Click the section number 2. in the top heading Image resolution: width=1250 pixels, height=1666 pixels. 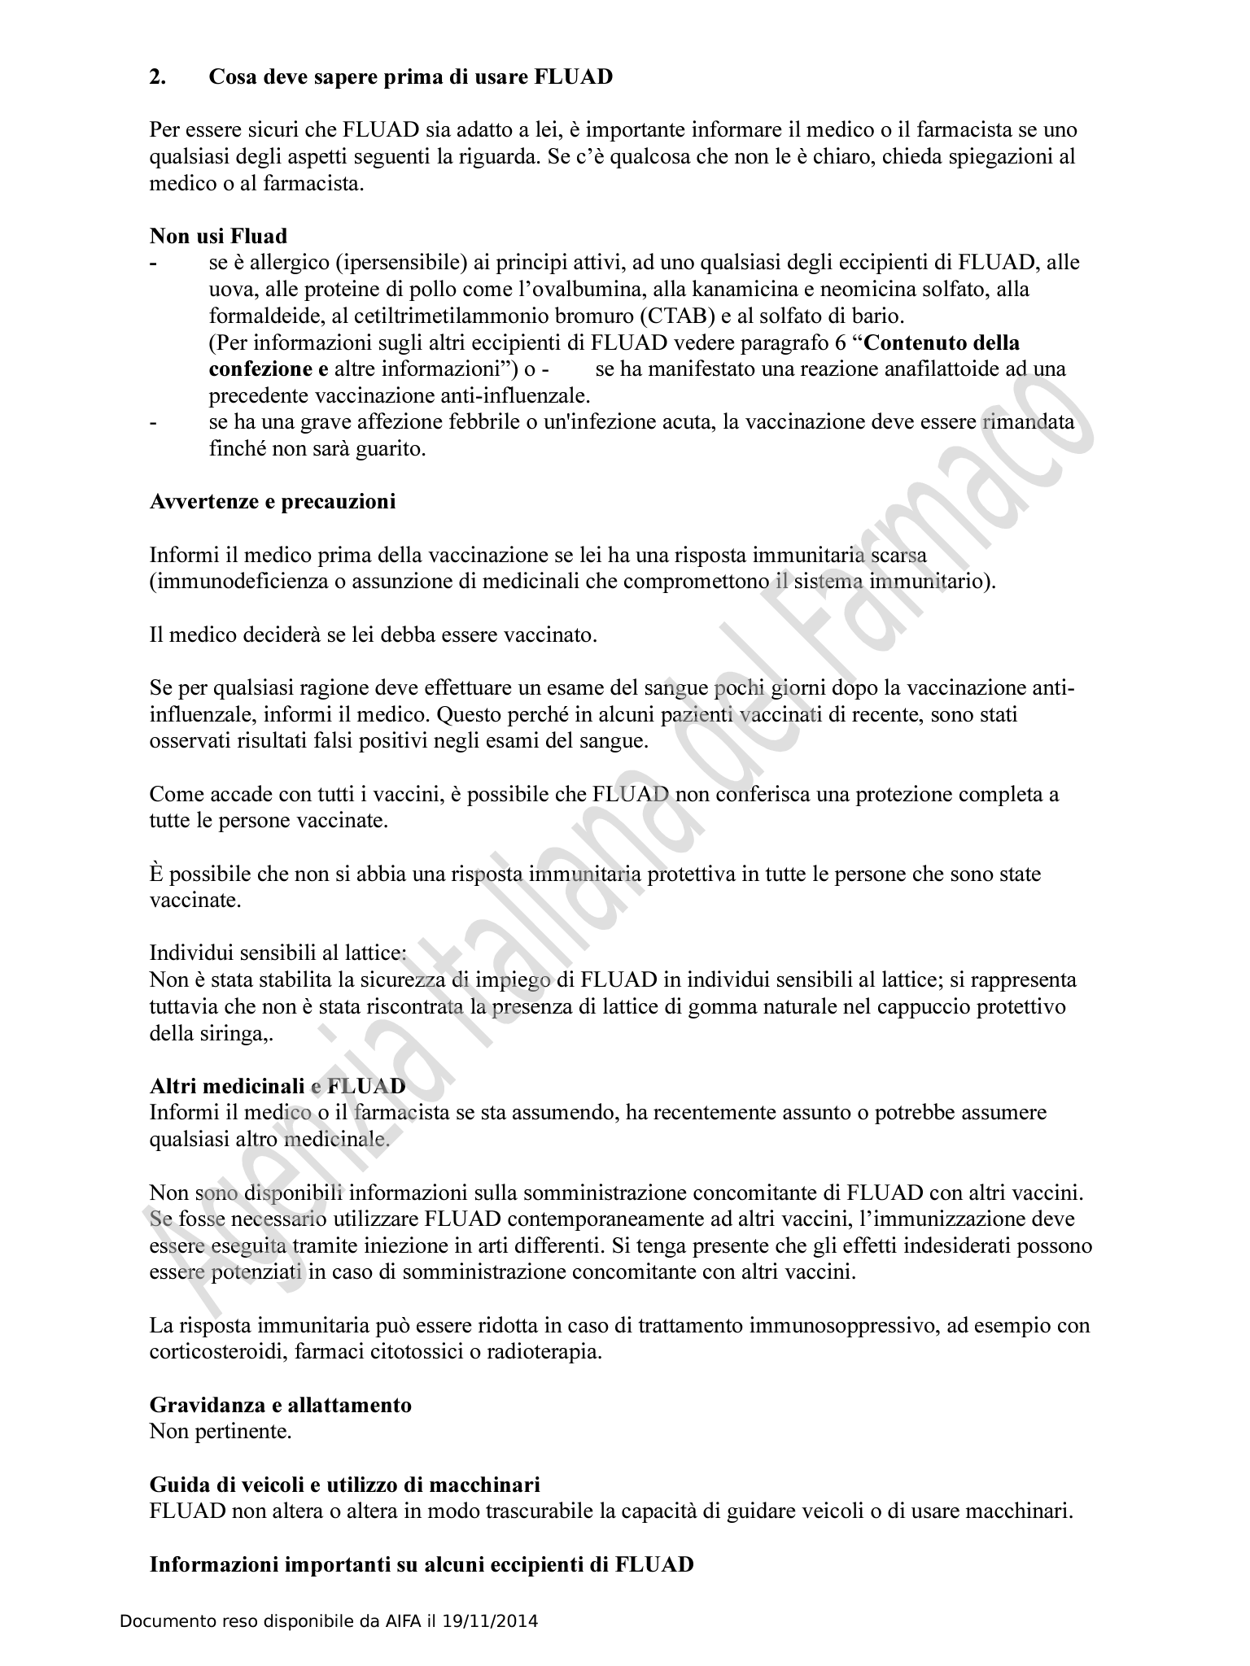(x=158, y=77)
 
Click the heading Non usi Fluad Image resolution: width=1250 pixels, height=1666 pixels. (x=218, y=237)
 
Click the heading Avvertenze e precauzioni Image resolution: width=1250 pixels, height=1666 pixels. (x=273, y=502)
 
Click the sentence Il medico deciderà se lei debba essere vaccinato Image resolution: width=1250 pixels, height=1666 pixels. (x=374, y=635)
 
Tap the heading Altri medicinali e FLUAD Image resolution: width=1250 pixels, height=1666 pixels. (x=278, y=1087)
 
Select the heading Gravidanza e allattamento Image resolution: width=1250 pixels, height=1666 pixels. (x=281, y=1405)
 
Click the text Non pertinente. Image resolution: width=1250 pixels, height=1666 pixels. (x=221, y=1432)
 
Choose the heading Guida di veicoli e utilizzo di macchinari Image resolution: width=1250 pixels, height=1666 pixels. (x=345, y=1485)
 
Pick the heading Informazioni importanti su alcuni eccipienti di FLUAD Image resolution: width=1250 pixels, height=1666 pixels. (x=422, y=1564)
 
